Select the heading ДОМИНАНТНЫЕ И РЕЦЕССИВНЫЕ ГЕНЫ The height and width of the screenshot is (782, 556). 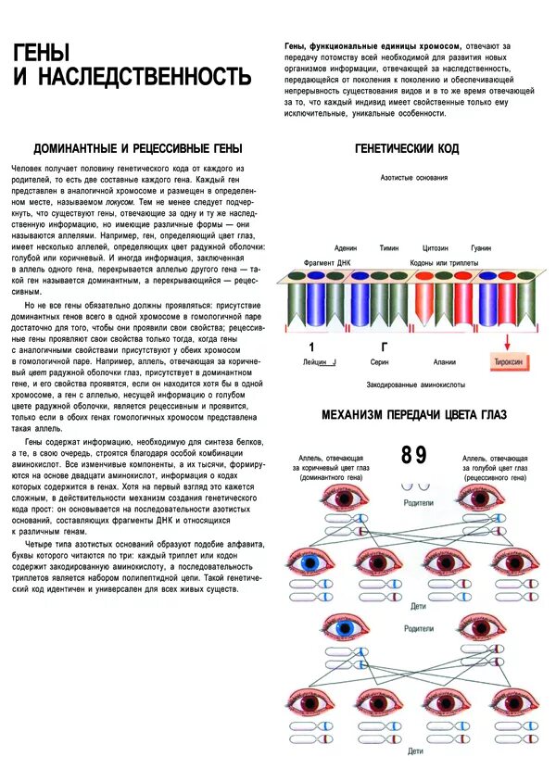tap(138, 148)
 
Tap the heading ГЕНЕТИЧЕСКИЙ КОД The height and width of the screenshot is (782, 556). tap(406, 148)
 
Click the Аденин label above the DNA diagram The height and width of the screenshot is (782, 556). tap(346, 248)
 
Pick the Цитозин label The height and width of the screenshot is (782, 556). tap(436, 248)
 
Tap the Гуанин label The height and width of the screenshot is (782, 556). tap(481, 248)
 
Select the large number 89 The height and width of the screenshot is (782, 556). tap(414, 455)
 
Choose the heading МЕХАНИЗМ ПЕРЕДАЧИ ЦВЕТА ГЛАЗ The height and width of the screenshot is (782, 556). tap(413, 414)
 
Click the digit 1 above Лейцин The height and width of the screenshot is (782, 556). tap(311, 347)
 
